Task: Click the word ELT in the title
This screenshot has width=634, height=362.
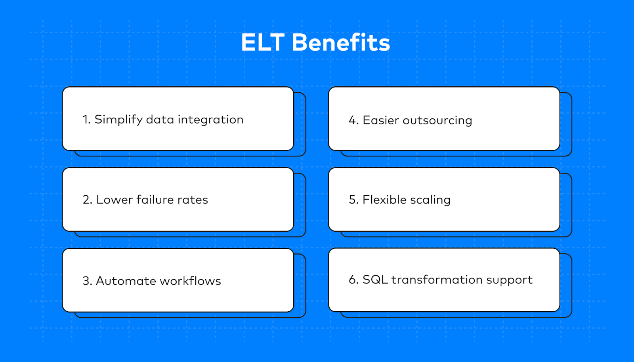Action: tap(263, 42)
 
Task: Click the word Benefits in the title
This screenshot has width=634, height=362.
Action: tap(341, 42)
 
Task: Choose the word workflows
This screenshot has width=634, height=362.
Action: tap(190, 280)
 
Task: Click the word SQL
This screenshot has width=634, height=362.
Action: tap(375, 280)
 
